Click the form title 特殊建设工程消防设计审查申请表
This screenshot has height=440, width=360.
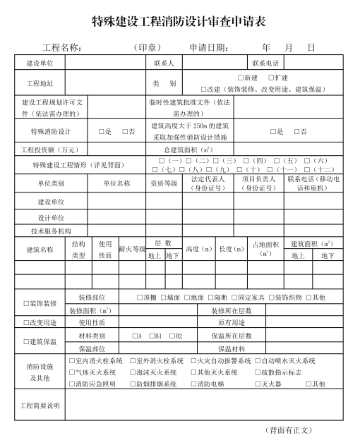tap(179, 21)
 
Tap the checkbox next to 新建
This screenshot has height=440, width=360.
tap(241, 77)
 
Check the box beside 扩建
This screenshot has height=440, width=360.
tap(272, 77)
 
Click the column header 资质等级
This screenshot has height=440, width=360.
tap(164, 183)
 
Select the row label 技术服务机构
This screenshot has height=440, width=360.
tap(50, 231)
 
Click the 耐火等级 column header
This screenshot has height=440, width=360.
tap(131, 249)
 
